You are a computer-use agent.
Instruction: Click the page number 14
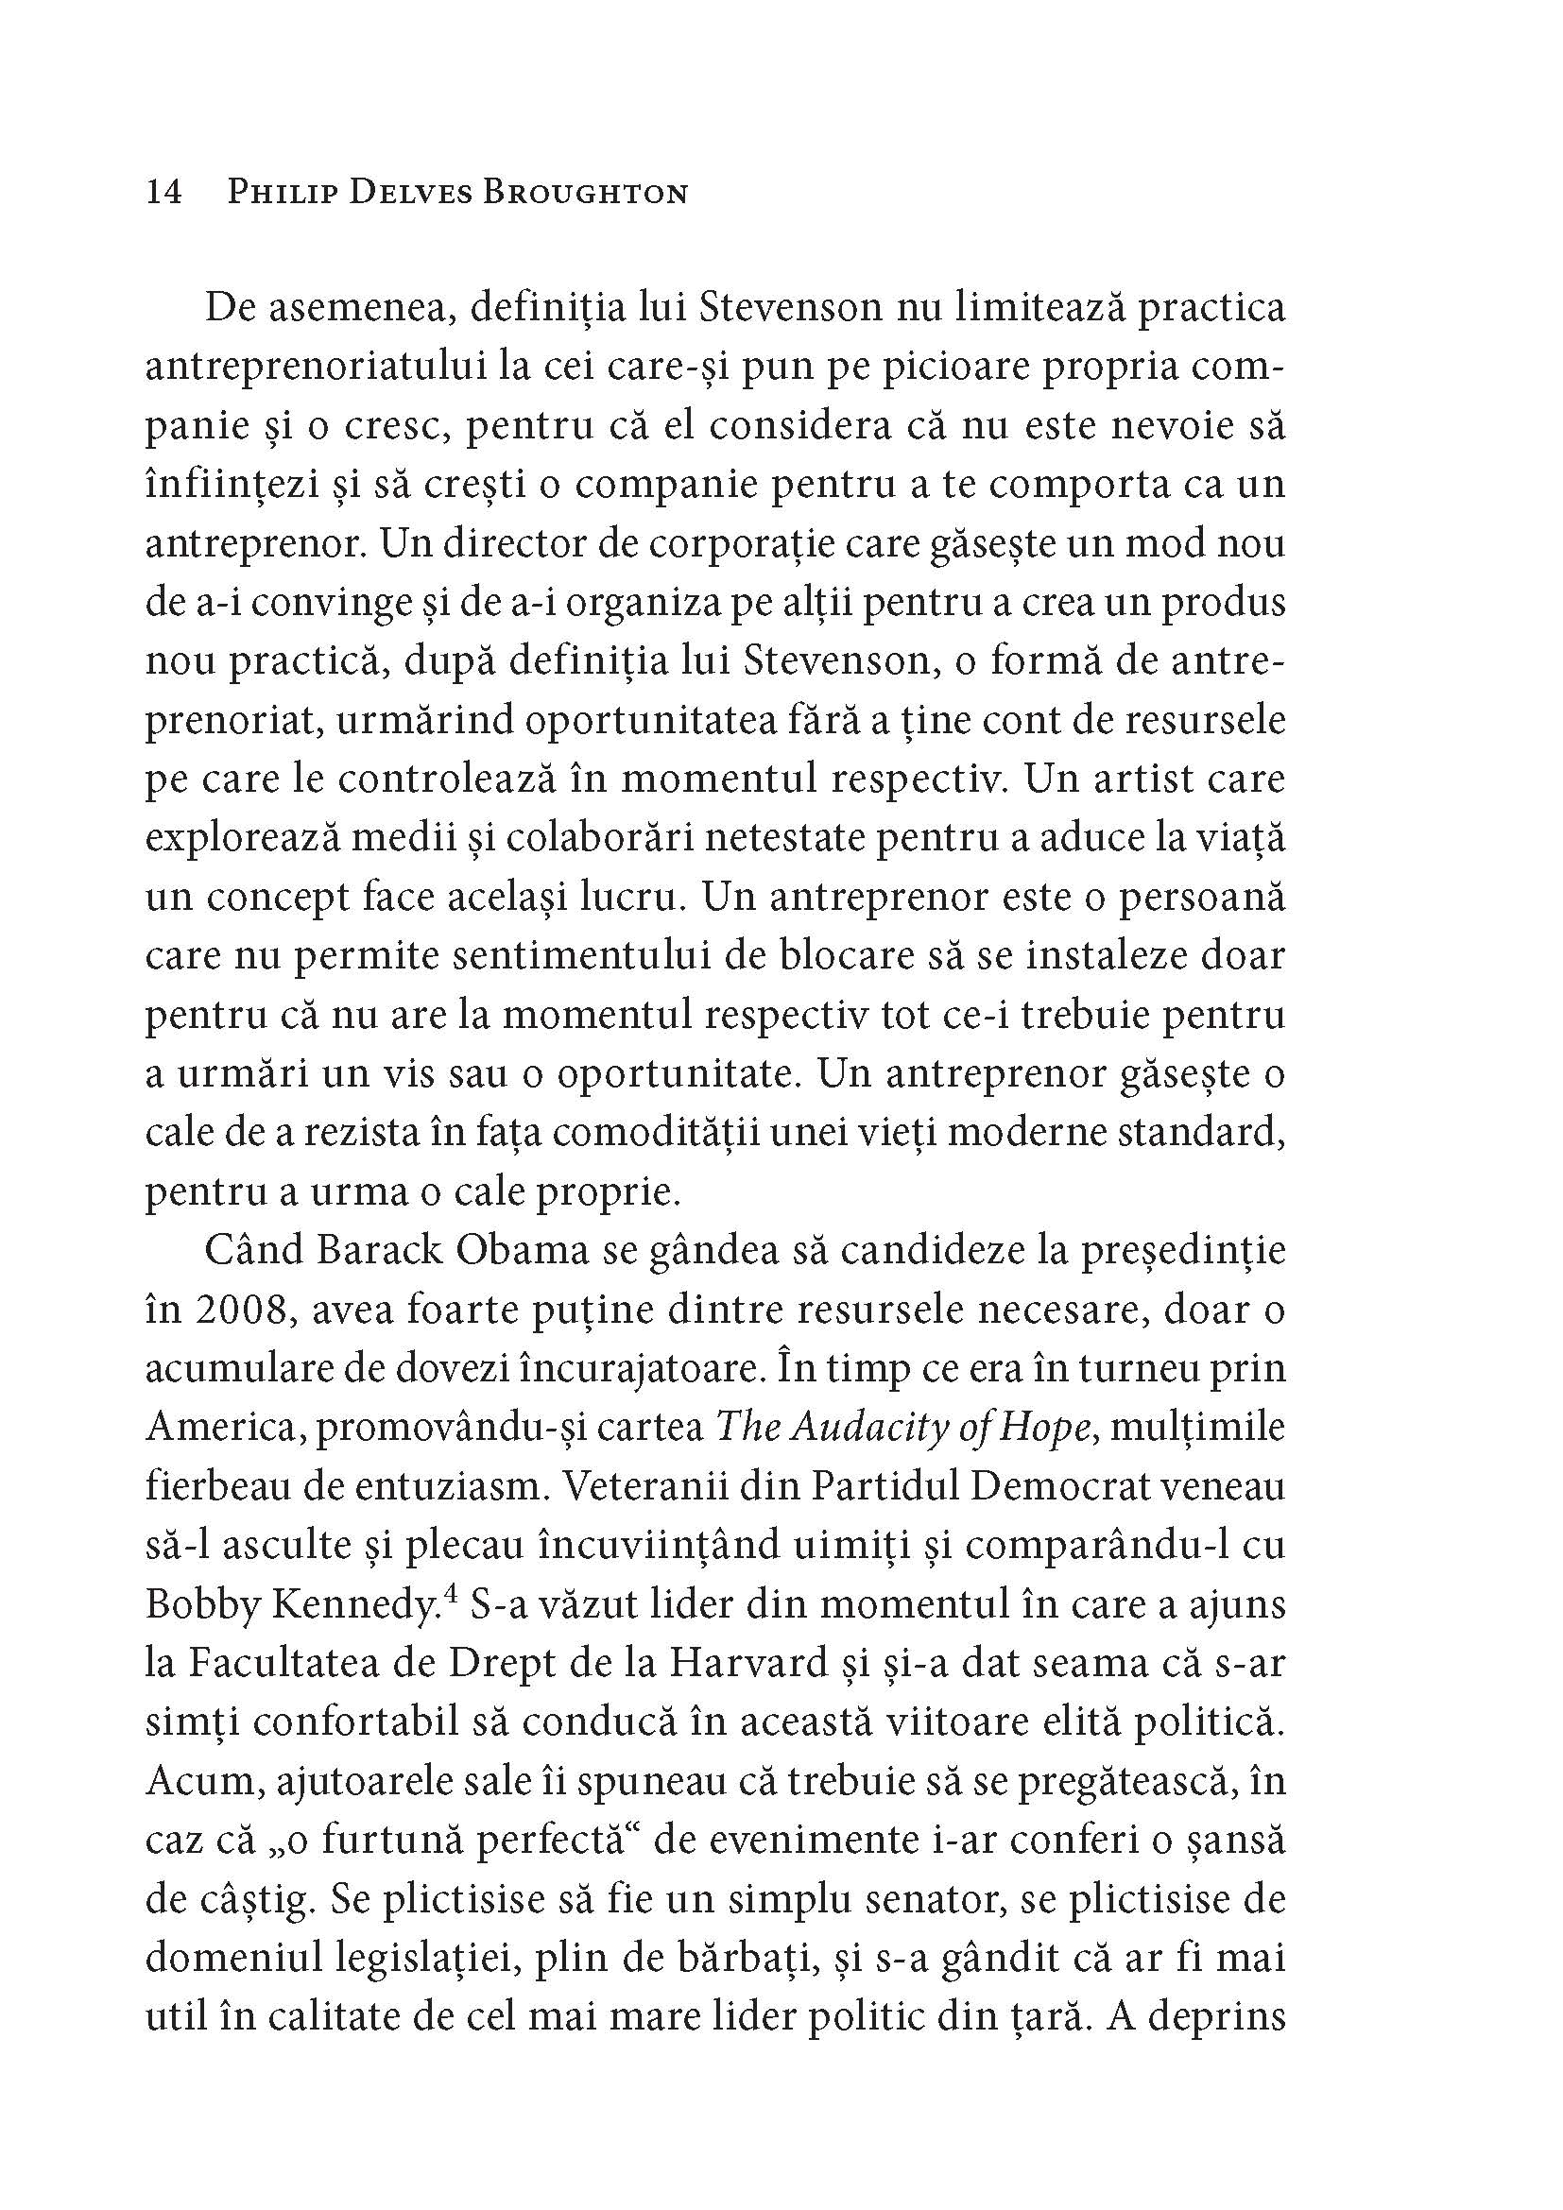(x=163, y=193)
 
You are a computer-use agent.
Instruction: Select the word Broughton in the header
(x=584, y=193)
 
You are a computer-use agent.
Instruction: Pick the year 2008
(x=239, y=1310)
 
